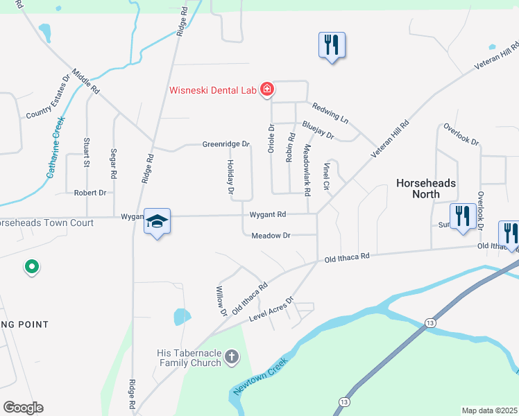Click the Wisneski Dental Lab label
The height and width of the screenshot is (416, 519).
214,89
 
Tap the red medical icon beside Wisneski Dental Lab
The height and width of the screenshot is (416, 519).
266,89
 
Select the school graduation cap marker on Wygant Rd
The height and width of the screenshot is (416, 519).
157,221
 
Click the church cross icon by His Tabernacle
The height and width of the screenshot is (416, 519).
231,358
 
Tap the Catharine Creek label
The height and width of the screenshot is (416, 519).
56,147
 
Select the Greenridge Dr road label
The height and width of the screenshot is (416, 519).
226,144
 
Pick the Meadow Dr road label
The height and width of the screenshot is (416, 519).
271,236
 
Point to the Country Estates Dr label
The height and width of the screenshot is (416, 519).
49,106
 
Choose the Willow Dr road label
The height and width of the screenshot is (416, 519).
221,301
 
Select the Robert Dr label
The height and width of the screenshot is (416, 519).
90,193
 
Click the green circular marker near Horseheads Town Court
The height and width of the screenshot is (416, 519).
31,266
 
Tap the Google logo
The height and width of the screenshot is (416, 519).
23,407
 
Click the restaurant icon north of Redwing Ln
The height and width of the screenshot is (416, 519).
332,46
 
